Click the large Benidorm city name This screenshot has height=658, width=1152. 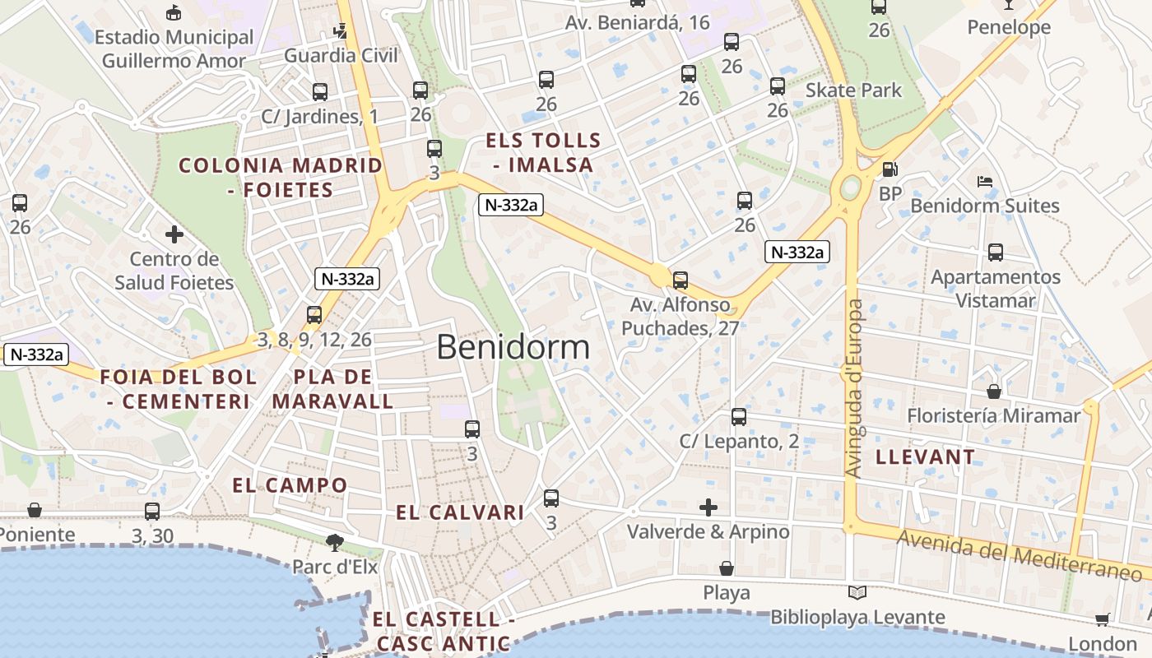pos(513,347)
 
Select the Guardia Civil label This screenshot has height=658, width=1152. pos(341,56)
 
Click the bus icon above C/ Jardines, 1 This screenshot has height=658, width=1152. pos(320,92)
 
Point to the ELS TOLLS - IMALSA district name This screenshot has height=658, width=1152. pos(543,152)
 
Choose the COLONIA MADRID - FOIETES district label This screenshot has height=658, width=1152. pos(281,178)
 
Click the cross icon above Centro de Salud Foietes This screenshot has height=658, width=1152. pos(174,234)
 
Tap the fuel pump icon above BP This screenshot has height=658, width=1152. pos(890,169)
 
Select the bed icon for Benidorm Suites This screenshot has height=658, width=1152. pos(984,181)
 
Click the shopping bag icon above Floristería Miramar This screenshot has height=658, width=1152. pos(994,392)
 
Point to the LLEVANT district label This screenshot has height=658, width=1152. pos(926,457)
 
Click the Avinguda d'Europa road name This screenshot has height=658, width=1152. pos(855,388)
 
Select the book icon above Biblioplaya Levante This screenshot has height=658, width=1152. pos(857,592)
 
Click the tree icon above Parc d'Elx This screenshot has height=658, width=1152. pos(334,542)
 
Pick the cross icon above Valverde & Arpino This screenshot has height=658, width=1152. pos(708,507)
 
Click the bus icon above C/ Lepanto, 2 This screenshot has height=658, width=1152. pos(739,417)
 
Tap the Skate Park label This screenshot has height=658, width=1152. pos(853,90)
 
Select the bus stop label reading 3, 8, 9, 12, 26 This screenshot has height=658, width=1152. pos(314,340)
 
